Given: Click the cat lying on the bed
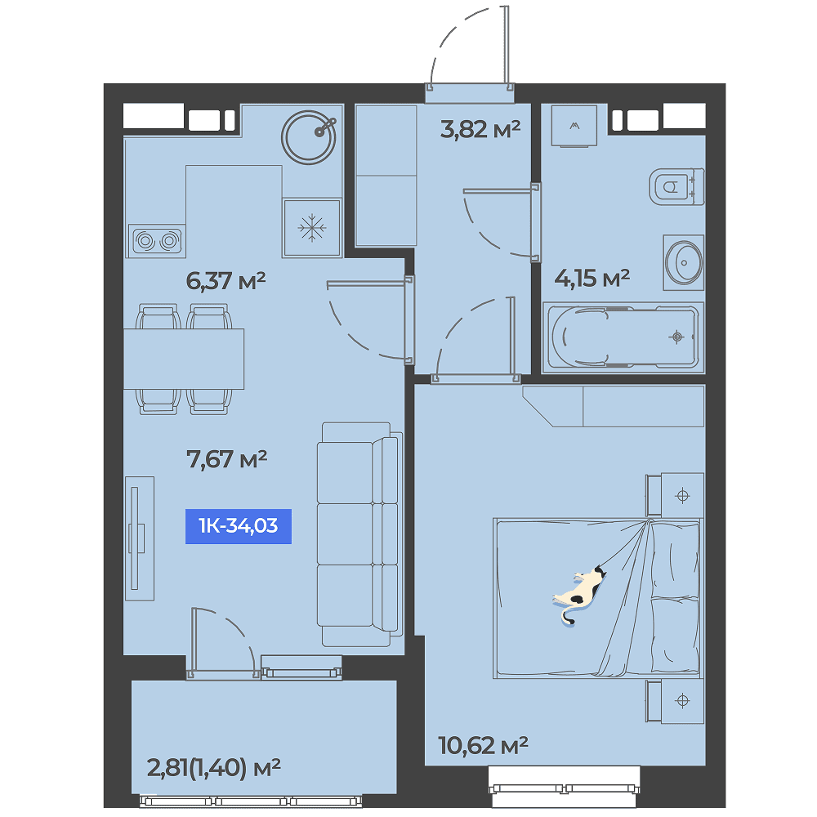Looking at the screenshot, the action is pos(579,595).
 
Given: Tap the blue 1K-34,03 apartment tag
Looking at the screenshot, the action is pos(238,526).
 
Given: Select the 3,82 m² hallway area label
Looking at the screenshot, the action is pos(480,129).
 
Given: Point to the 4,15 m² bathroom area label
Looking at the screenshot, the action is pos(592,279).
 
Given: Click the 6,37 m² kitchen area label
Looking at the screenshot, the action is pos(225,281).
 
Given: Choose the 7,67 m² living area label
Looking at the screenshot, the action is pos(226,459).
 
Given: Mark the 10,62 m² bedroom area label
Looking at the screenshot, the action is pos(483,746).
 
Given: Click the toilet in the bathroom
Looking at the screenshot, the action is pos(676,186).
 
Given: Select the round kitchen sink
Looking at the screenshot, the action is pos(309,137).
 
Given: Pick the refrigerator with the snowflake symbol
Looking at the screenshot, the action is pos(311,228).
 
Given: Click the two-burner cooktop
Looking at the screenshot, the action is pos(157,241).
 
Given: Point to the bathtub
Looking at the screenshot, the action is pos(623,337).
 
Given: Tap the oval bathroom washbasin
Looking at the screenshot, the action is pos(684,262).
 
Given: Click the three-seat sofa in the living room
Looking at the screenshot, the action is pos(359,534).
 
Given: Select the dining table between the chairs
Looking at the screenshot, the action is pos(183,359).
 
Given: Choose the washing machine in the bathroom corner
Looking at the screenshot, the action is pos(574,126).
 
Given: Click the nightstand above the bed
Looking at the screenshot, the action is pos(676,495).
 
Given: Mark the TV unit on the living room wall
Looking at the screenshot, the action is pos(139,538).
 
